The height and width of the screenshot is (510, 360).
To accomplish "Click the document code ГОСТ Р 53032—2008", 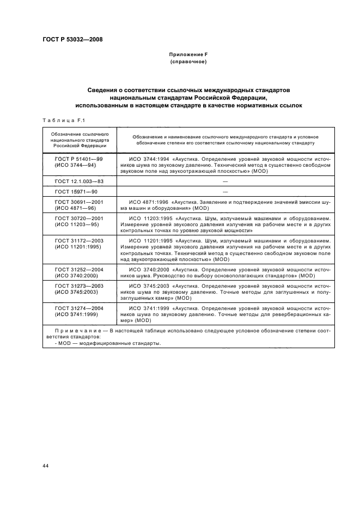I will coord(73,39).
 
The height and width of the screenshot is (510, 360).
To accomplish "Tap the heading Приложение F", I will coord(188,55).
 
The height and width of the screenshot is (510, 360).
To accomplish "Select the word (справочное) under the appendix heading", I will coord(188,62).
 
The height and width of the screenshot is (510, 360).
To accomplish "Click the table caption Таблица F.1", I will coord(61,120).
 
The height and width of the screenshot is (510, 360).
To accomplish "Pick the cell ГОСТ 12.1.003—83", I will coord(79,180).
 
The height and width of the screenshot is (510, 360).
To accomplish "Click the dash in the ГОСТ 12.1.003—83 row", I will coord(224,180).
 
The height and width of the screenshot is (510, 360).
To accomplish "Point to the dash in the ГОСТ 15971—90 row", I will coord(224,191).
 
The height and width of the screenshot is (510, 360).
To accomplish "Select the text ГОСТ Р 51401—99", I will coord(79,159).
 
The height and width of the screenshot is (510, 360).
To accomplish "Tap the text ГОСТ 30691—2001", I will coord(79,202).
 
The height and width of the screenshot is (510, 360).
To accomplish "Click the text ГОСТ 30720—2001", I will coord(79,218).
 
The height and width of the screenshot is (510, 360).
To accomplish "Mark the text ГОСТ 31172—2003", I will coord(79,240).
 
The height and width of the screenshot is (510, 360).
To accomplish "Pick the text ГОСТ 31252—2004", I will coord(79,270).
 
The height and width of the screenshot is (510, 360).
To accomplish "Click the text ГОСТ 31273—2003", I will coord(79,286).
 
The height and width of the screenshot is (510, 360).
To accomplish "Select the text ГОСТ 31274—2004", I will coord(79,308).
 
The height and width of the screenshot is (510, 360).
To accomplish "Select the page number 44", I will coord(45,466).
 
